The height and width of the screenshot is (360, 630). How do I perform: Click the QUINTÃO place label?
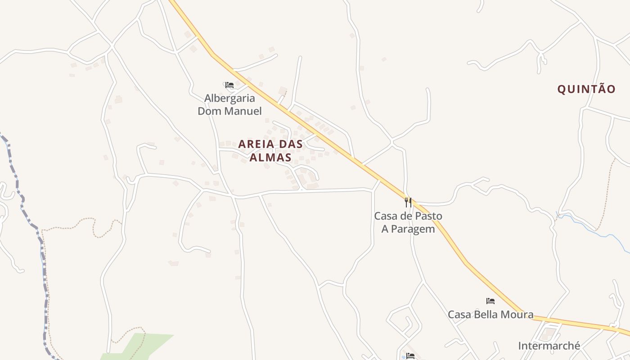point(586,89)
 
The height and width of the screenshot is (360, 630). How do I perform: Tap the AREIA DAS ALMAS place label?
point(270,151)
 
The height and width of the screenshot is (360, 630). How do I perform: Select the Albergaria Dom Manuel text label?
point(229,104)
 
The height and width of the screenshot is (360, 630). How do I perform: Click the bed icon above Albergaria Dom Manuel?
point(229,85)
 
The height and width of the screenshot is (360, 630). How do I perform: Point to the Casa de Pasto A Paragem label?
point(408,222)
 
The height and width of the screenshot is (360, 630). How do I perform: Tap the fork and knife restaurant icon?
point(408,202)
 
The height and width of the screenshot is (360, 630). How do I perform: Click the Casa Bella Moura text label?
point(490,315)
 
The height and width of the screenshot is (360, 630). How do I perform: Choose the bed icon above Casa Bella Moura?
point(490,301)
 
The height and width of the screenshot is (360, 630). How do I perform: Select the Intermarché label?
point(549,346)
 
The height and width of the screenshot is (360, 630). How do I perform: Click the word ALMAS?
point(270,157)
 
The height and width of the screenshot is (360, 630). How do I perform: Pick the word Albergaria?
point(229,98)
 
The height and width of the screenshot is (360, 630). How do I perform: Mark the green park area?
point(144,344)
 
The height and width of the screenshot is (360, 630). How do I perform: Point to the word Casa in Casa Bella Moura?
point(459,315)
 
